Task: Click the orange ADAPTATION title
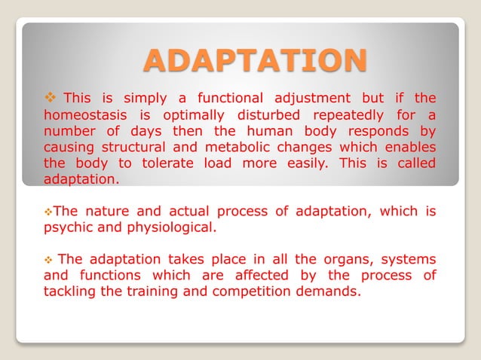tap(255, 61)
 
